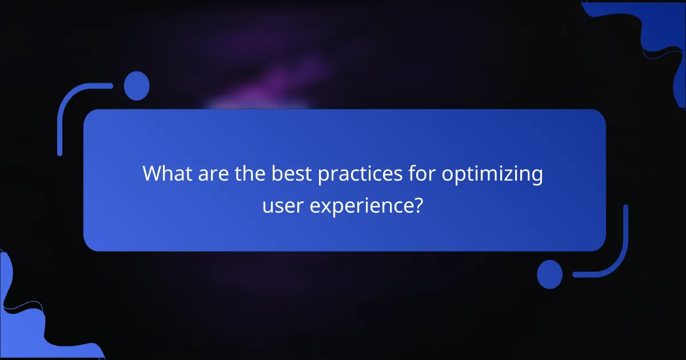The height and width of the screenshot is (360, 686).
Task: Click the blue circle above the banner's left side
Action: [136, 86]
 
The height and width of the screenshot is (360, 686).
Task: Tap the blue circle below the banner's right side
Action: [549, 274]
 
